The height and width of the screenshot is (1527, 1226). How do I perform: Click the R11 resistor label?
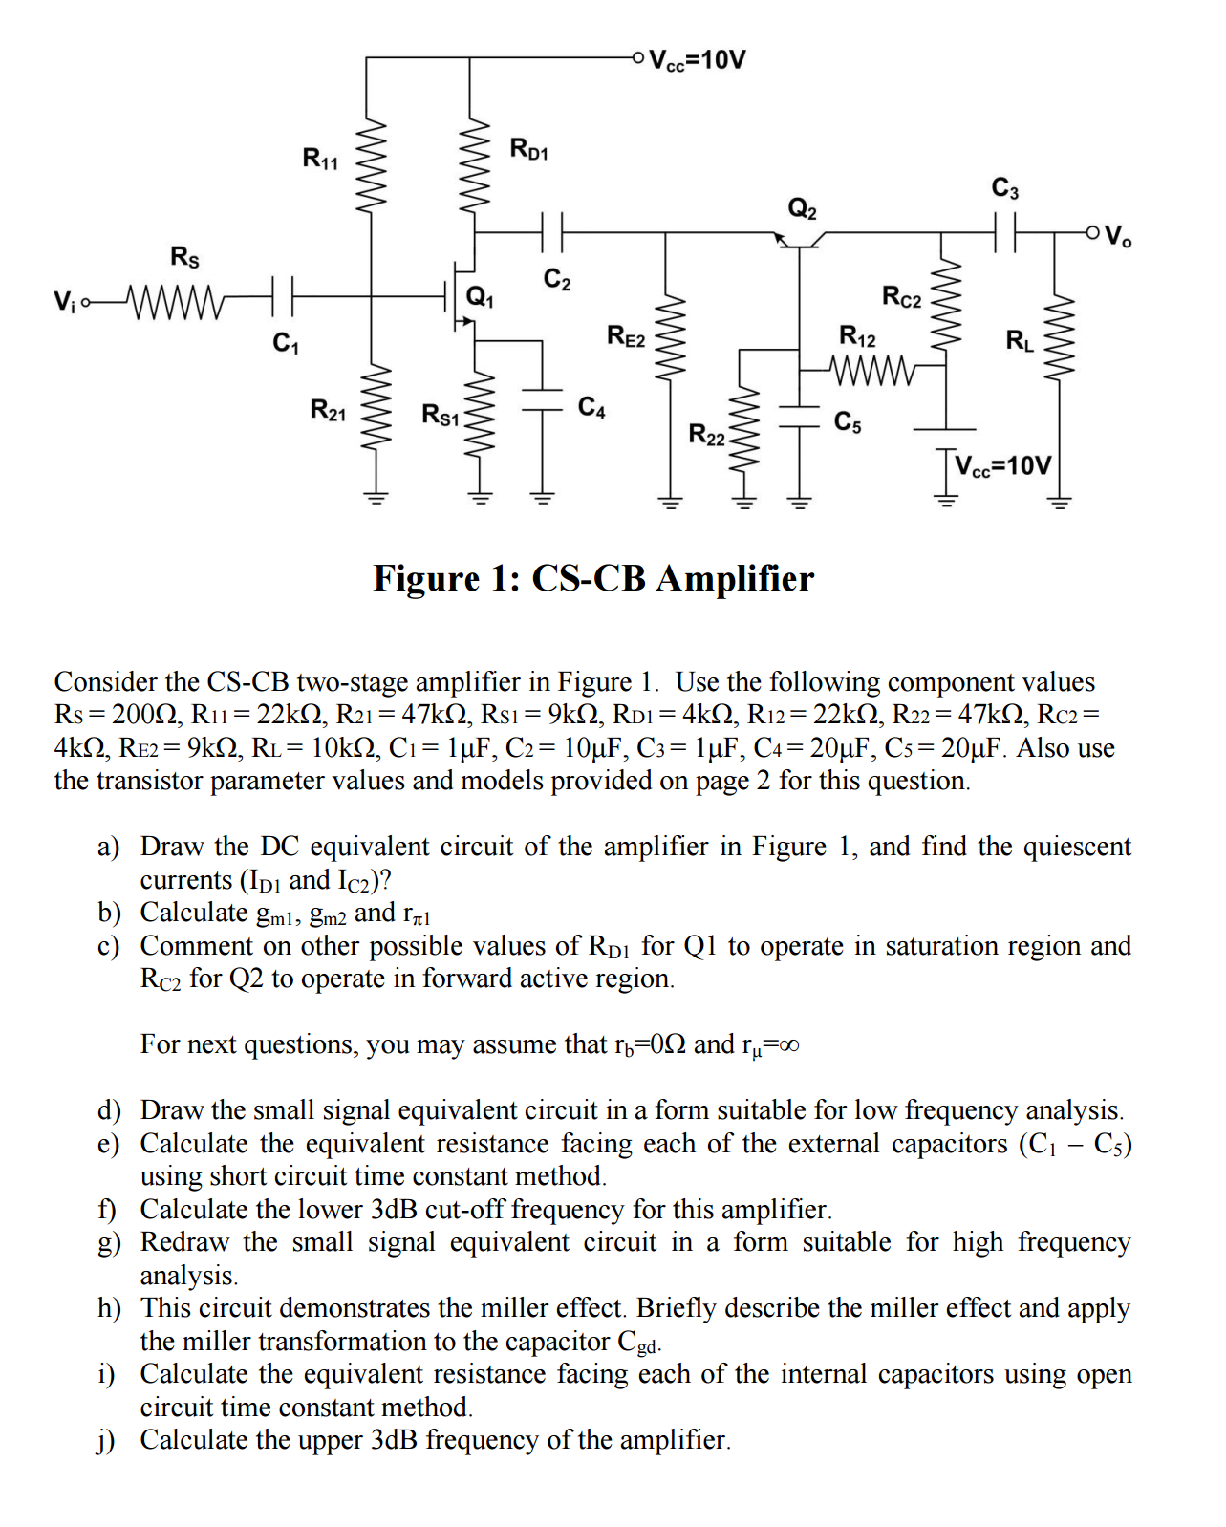coord(320,159)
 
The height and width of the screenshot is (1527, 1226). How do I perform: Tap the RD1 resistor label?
coord(528,149)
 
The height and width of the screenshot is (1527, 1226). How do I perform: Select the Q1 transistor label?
coord(479,296)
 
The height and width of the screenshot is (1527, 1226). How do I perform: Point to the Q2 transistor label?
coord(802,208)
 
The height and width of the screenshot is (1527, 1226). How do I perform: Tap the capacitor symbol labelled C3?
coord(1005,232)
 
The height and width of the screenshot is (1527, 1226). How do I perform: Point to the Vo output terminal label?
coord(1117,235)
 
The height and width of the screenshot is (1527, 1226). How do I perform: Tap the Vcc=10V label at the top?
coord(698,60)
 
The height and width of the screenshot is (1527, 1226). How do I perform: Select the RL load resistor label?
coord(1020,341)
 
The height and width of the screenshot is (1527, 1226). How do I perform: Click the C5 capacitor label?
coord(848,422)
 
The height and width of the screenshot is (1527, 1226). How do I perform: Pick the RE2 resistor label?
coord(626,335)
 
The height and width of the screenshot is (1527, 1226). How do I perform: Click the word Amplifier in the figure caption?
coord(735,578)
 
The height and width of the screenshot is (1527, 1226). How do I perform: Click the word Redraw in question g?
coord(184,1242)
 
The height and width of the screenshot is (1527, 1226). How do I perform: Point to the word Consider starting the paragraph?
coord(106,682)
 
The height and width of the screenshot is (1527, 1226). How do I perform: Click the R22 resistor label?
coord(707,434)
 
